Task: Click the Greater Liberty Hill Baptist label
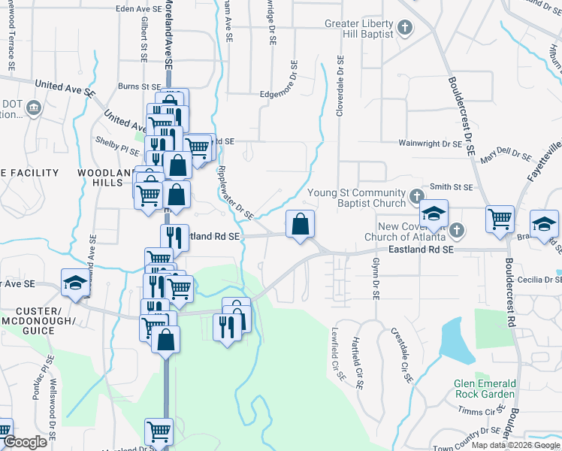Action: pos(358,29)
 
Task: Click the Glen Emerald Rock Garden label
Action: pos(485,389)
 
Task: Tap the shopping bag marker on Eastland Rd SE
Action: pos(300,224)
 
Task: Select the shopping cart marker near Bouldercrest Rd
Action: pos(500,219)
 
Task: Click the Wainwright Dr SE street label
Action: pos(430,143)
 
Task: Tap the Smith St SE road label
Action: pos(451,186)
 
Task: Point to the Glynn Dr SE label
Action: pos(374,277)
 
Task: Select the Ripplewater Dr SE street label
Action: pos(234,192)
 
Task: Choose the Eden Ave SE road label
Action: pos(139,9)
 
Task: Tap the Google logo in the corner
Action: pos(24,442)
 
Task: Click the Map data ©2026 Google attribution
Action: pos(515,445)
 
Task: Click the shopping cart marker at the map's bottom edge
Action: pos(159,432)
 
